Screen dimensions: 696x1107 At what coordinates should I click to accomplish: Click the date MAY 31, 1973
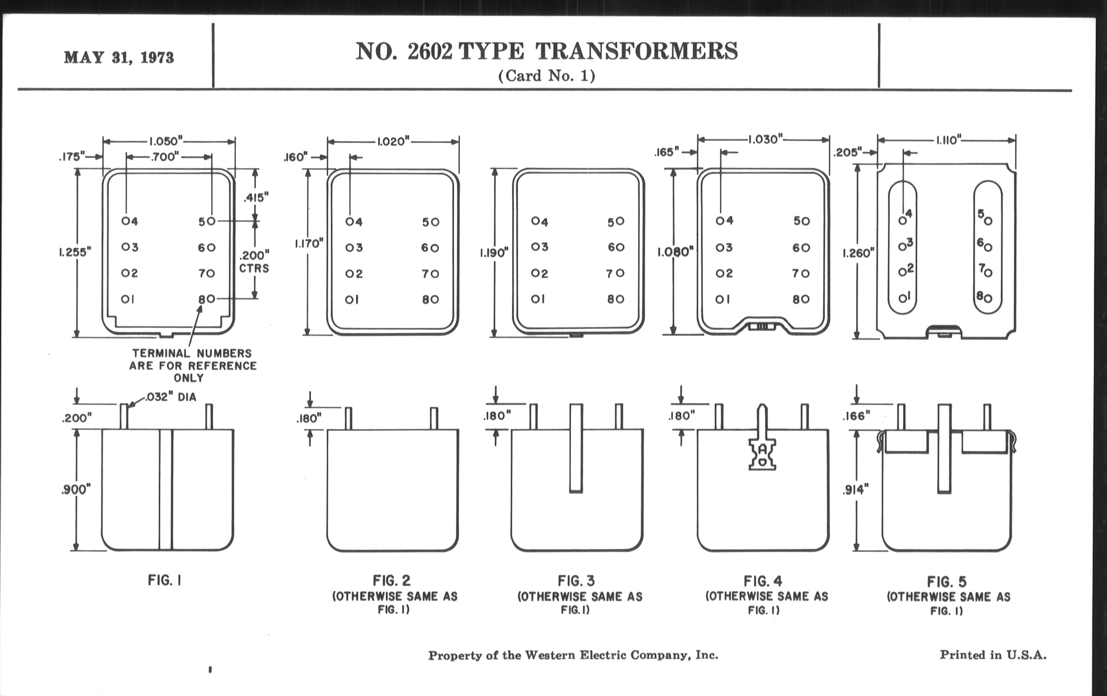(x=119, y=57)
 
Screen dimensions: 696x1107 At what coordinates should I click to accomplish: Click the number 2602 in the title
(x=430, y=51)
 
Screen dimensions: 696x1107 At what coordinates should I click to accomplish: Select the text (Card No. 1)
(x=547, y=76)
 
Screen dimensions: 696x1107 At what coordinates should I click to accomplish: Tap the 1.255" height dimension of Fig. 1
(x=75, y=252)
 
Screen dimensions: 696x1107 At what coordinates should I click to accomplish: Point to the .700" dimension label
(x=165, y=156)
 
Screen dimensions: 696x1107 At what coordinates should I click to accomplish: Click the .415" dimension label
(x=256, y=197)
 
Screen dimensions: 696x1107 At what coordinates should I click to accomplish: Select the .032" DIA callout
(x=171, y=397)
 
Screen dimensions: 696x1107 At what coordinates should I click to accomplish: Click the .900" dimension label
(x=76, y=489)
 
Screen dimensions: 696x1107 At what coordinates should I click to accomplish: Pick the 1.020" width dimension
(x=393, y=141)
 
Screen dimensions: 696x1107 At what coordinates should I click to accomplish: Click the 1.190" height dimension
(x=494, y=252)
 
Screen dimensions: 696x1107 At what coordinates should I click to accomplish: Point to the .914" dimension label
(x=856, y=490)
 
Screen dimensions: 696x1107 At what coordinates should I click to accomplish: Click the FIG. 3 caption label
(x=576, y=581)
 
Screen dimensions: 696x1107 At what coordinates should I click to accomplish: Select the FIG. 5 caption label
(x=947, y=582)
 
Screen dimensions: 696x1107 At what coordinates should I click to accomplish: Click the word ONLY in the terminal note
(x=188, y=378)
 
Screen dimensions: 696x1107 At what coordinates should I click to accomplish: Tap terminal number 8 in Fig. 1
(x=201, y=299)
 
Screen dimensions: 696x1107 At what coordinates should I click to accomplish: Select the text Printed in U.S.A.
(x=993, y=655)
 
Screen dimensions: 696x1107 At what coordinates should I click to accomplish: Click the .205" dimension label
(x=847, y=152)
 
